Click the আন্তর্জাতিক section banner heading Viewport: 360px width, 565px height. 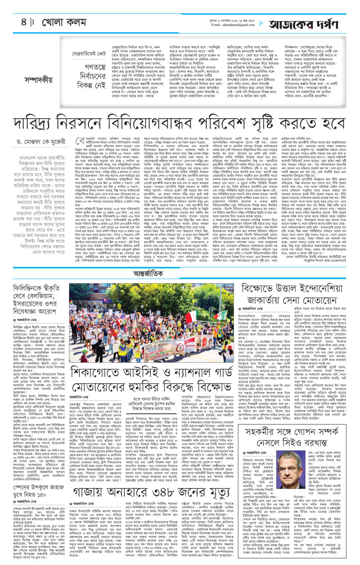[x=180, y=272]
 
